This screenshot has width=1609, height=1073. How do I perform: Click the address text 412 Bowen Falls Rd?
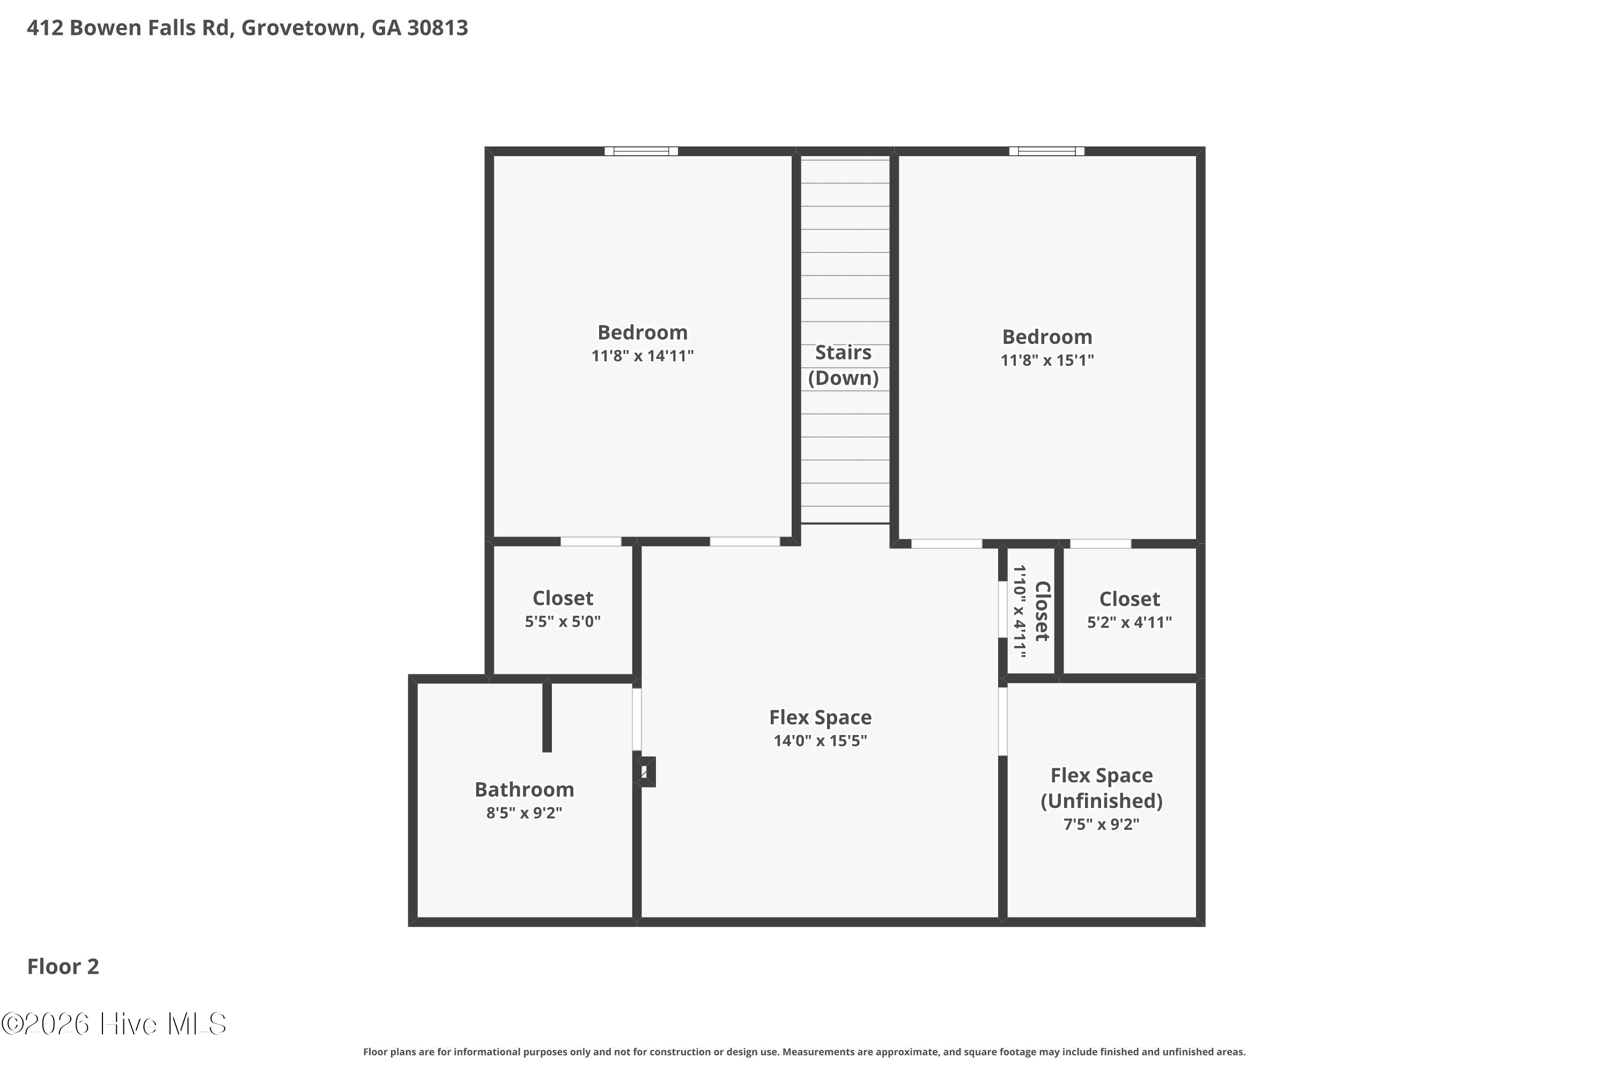click(129, 28)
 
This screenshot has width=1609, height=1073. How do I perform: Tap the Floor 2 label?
click(63, 966)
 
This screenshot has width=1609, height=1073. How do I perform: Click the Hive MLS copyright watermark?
click(114, 1024)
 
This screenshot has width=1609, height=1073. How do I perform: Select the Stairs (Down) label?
click(844, 365)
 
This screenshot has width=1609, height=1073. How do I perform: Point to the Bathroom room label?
click(525, 789)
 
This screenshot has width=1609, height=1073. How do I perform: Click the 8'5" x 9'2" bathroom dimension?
click(525, 813)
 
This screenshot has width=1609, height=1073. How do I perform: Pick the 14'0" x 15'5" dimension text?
click(820, 740)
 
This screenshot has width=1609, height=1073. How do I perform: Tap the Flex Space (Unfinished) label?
click(1102, 788)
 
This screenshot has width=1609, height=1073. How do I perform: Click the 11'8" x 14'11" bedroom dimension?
click(643, 356)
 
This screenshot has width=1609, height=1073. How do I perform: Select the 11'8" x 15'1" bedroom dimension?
click(1047, 360)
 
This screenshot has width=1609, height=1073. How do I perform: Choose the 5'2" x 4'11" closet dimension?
click(1130, 622)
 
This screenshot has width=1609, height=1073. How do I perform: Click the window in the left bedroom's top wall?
click(641, 151)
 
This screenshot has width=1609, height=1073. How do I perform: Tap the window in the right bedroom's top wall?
click(1047, 151)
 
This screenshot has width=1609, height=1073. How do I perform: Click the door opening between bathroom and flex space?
click(637, 719)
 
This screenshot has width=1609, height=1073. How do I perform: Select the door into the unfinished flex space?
click(1003, 721)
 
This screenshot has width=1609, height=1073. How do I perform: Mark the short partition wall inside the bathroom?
click(547, 716)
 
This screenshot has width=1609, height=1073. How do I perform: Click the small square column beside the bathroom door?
click(646, 772)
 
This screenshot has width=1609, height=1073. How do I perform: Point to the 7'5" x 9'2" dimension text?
click(1102, 824)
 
